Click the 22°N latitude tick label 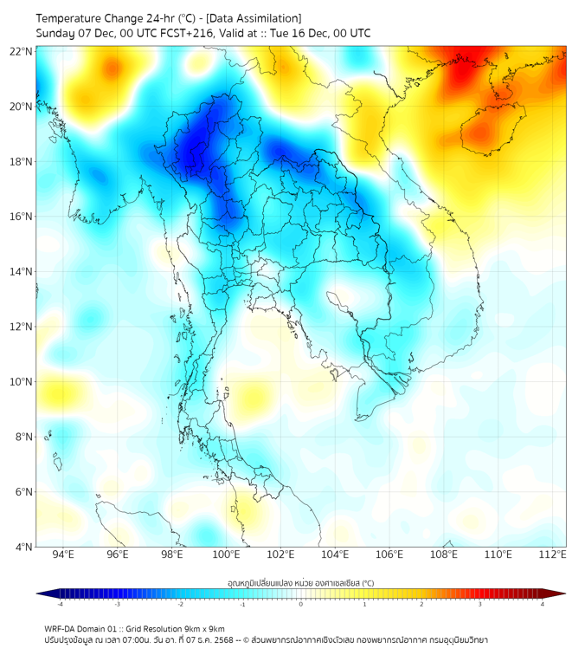pos(21,51)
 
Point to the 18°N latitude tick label pos(21,161)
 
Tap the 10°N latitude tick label pos(21,381)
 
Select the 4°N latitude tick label pos(23,547)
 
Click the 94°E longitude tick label pos(63,554)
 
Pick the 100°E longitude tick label pos(226,554)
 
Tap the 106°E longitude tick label pos(389,554)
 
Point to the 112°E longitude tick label pos(553,554)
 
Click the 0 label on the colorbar pos(301,604)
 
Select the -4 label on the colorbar pos(59,604)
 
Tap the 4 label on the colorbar pos(543,604)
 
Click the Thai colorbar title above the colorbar pos(300,583)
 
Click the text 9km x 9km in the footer pos(204,629)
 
